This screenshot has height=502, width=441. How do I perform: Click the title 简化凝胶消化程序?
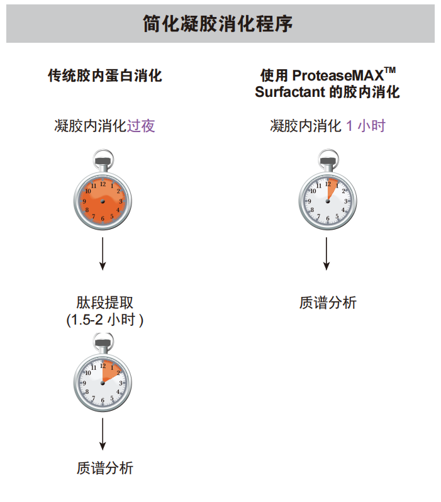[x=218, y=24]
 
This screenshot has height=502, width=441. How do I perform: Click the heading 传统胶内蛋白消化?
[x=105, y=76]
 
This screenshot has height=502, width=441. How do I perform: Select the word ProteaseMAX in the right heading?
[x=338, y=75]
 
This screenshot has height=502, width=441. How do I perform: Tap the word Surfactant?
[x=290, y=92]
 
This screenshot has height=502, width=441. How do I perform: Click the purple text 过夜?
[x=141, y=126]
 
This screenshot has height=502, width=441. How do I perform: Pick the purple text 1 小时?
[x=366, y=126]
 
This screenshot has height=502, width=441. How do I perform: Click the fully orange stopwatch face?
[x=103, y=201]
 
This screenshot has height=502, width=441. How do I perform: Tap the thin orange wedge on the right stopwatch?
[x=332, y=188]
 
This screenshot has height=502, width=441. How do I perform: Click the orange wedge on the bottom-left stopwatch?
[x=111, y=371]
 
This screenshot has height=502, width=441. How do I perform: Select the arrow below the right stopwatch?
[x=327, y=254]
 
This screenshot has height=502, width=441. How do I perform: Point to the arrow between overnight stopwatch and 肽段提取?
[x=103, y=254]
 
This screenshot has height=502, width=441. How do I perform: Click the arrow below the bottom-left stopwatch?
[x=103, y=434]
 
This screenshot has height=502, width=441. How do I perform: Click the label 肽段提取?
[x=104, y=303]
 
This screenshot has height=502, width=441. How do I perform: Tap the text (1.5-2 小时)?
[x=104, y=320]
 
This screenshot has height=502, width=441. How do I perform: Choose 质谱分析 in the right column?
[x=328, y=303]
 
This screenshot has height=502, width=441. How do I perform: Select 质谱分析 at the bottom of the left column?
[x=104, y=468]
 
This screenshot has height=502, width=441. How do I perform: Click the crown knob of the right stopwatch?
[x=328, y=161]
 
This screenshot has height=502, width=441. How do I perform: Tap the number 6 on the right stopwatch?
[x=328, y=219]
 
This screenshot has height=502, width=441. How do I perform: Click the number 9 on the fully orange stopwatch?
[x=84, y=201]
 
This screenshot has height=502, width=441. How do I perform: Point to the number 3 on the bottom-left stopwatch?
[x=121, y=383]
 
